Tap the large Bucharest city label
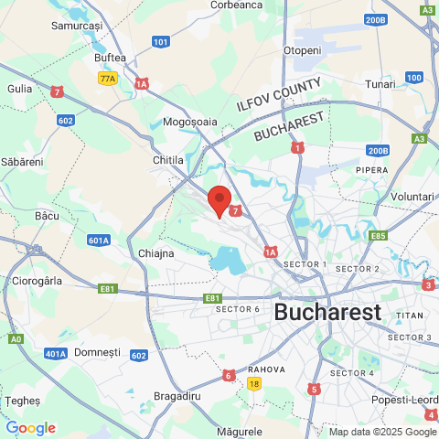coord(327,311)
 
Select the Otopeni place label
coord(303,49)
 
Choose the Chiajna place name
coord(156,252)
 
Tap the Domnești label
coord(96,351)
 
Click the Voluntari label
coord(412,197)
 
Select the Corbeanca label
coord(236,5)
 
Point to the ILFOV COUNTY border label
coord(279,94)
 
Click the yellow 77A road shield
coord(108,79)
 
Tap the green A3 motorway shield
coord(420,139)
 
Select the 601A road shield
coord(99,240)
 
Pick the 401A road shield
coord(56,353)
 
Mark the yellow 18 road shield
coord(253,384)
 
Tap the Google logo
coord(30,427)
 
